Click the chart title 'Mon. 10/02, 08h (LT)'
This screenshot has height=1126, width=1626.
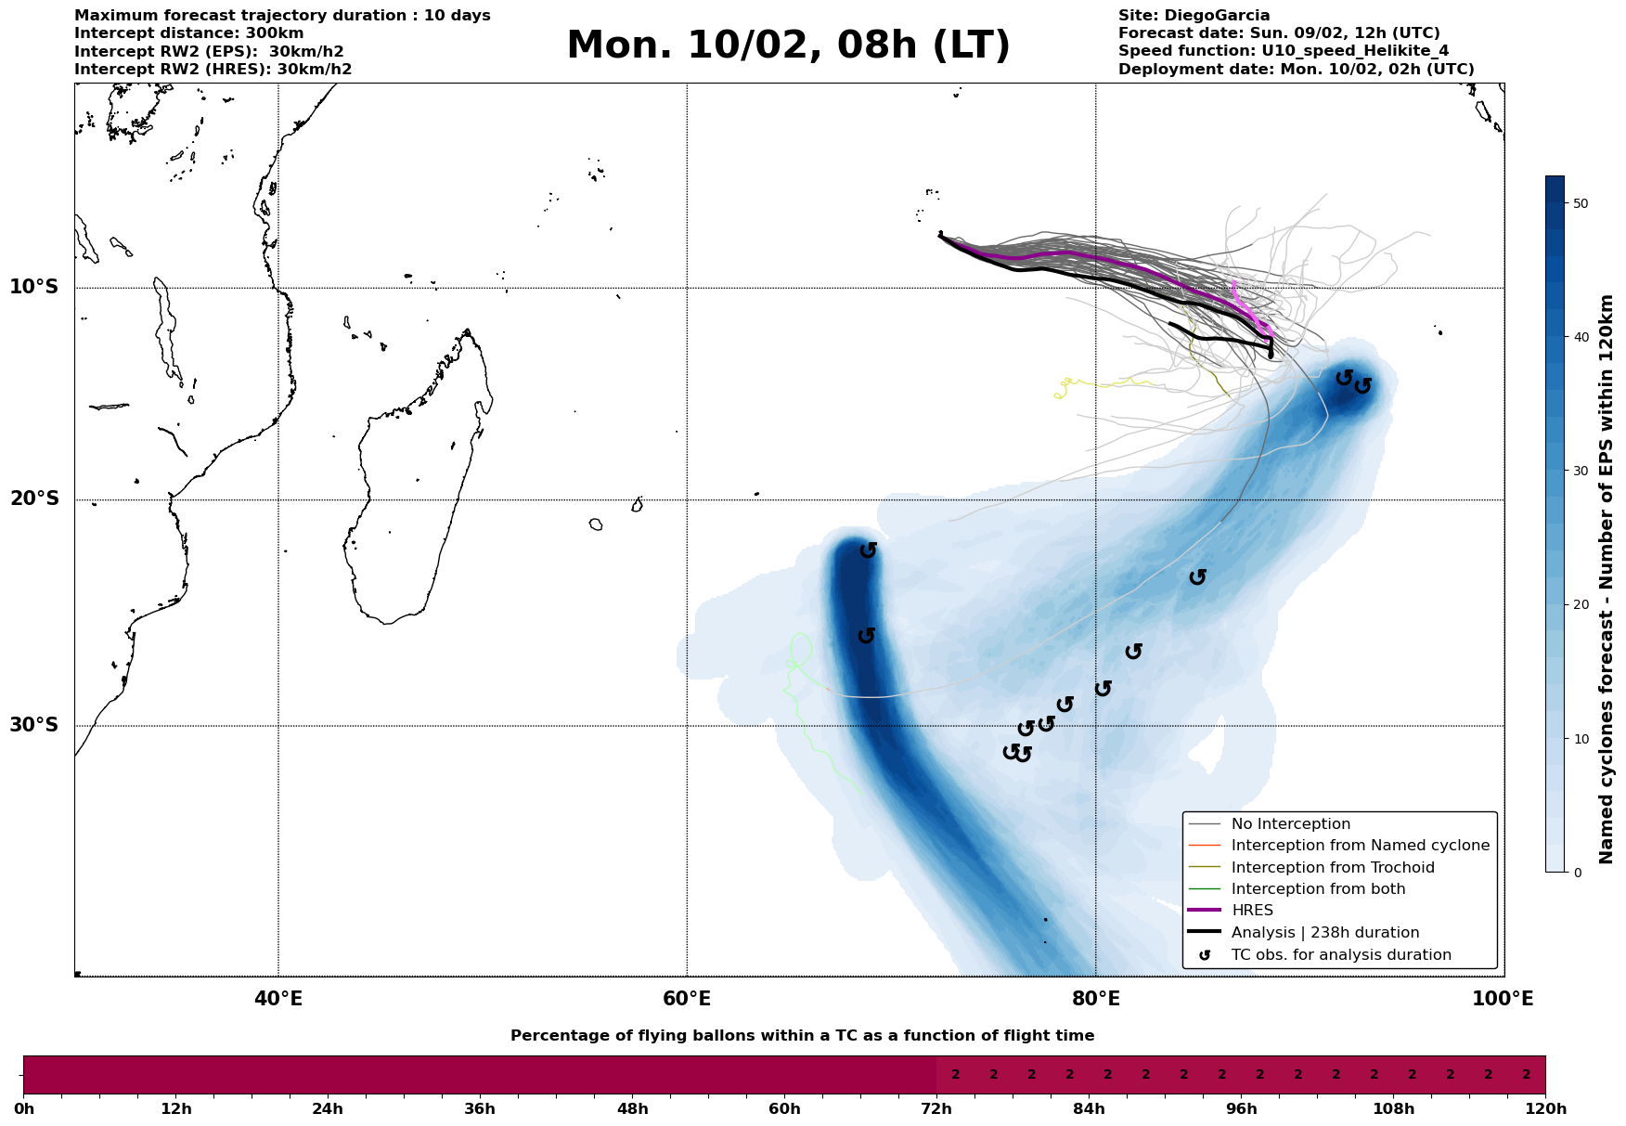tap(788, 45)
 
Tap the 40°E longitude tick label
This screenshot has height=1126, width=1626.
tap(278, 999)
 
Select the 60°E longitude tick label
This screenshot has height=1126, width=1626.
tap(687, 999)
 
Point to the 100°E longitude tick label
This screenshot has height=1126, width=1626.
tap(1503, 999)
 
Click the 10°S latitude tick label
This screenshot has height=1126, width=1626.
tap(34, 287)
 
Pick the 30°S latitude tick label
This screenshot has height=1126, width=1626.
tap(34, 725)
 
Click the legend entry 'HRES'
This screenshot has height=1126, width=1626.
tap(1252, 911)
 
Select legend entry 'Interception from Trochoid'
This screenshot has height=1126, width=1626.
tap(1333, 868)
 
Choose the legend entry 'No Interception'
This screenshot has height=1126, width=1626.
tap(1291, 824)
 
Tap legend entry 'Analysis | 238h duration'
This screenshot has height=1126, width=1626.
tap(1325, 933)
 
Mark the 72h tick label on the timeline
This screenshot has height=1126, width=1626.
tap(936, 1109)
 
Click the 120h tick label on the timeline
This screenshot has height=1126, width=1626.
tap(1545, 1109)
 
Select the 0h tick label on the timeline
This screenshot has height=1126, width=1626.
tap(23, 1109)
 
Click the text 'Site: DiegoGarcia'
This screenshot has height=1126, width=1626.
tap(1194, 16)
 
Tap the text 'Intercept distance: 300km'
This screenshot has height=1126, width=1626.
tap(189, 33)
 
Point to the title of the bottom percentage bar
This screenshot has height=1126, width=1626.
tap(802, 1036)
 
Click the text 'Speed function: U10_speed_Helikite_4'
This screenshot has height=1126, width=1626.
tap(1284, 51)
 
